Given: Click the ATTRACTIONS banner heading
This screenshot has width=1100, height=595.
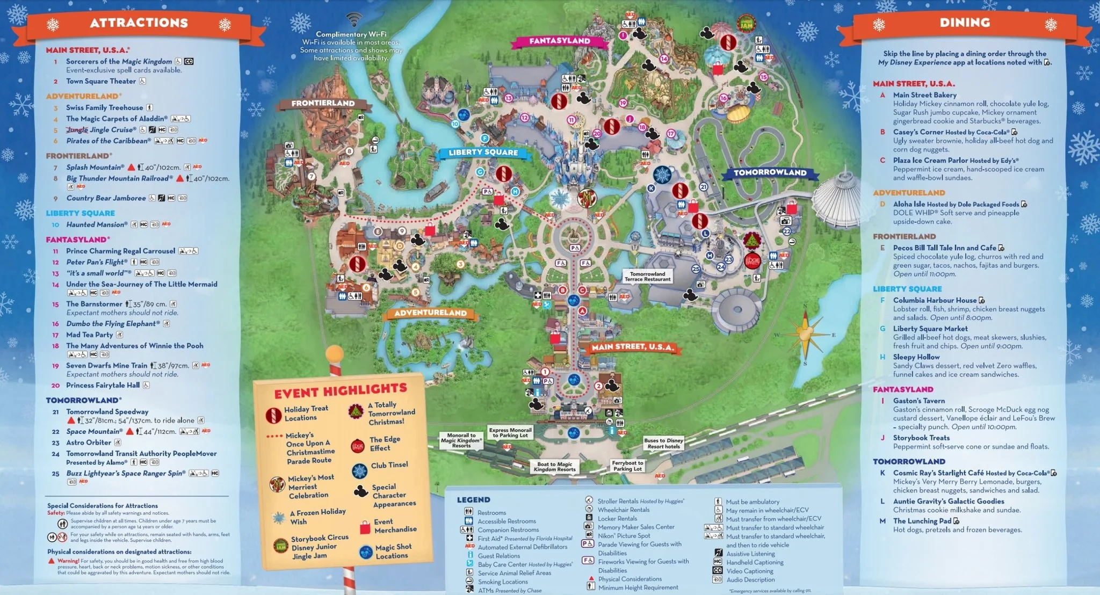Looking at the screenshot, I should (x=139, y=23).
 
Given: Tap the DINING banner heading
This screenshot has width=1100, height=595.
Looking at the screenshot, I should (x=965, y=23).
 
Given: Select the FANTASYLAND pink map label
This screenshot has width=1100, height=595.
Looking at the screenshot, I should (x=559, y=41).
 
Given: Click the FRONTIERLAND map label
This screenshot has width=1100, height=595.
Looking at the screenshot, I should (x=323, y=103).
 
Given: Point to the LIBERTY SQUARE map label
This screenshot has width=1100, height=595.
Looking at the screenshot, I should (x=483, y=153).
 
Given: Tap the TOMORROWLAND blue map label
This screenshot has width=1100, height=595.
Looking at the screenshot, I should (x=770, y=172).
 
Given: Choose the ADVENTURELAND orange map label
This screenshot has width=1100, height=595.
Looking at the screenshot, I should (x=430, y=313).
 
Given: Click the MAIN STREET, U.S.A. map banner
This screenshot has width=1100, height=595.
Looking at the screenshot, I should (x=632, y=347).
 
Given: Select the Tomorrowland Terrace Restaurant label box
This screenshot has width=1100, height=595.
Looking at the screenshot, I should (x=647, y=276).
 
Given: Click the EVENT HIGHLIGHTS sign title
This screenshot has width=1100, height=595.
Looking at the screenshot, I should (x=341, y=390).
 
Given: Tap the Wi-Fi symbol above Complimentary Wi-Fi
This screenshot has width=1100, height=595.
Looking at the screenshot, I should (x=353, y=20).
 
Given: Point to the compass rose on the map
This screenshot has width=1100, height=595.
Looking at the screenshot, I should (x=805, y=333).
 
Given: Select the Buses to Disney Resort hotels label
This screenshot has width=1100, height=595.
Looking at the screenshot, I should (x=663, y=443).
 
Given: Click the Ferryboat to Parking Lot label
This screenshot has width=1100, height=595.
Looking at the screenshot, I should (x=627, y=466).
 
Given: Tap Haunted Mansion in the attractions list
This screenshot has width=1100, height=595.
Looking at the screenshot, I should (x=97, y=224).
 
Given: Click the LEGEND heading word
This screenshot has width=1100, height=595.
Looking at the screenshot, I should (x=473, y=499).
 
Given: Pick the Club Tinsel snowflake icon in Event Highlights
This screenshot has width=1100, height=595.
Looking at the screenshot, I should (x=359, y=471).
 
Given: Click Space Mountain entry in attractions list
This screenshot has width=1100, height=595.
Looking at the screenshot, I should (x=94, y=431).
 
